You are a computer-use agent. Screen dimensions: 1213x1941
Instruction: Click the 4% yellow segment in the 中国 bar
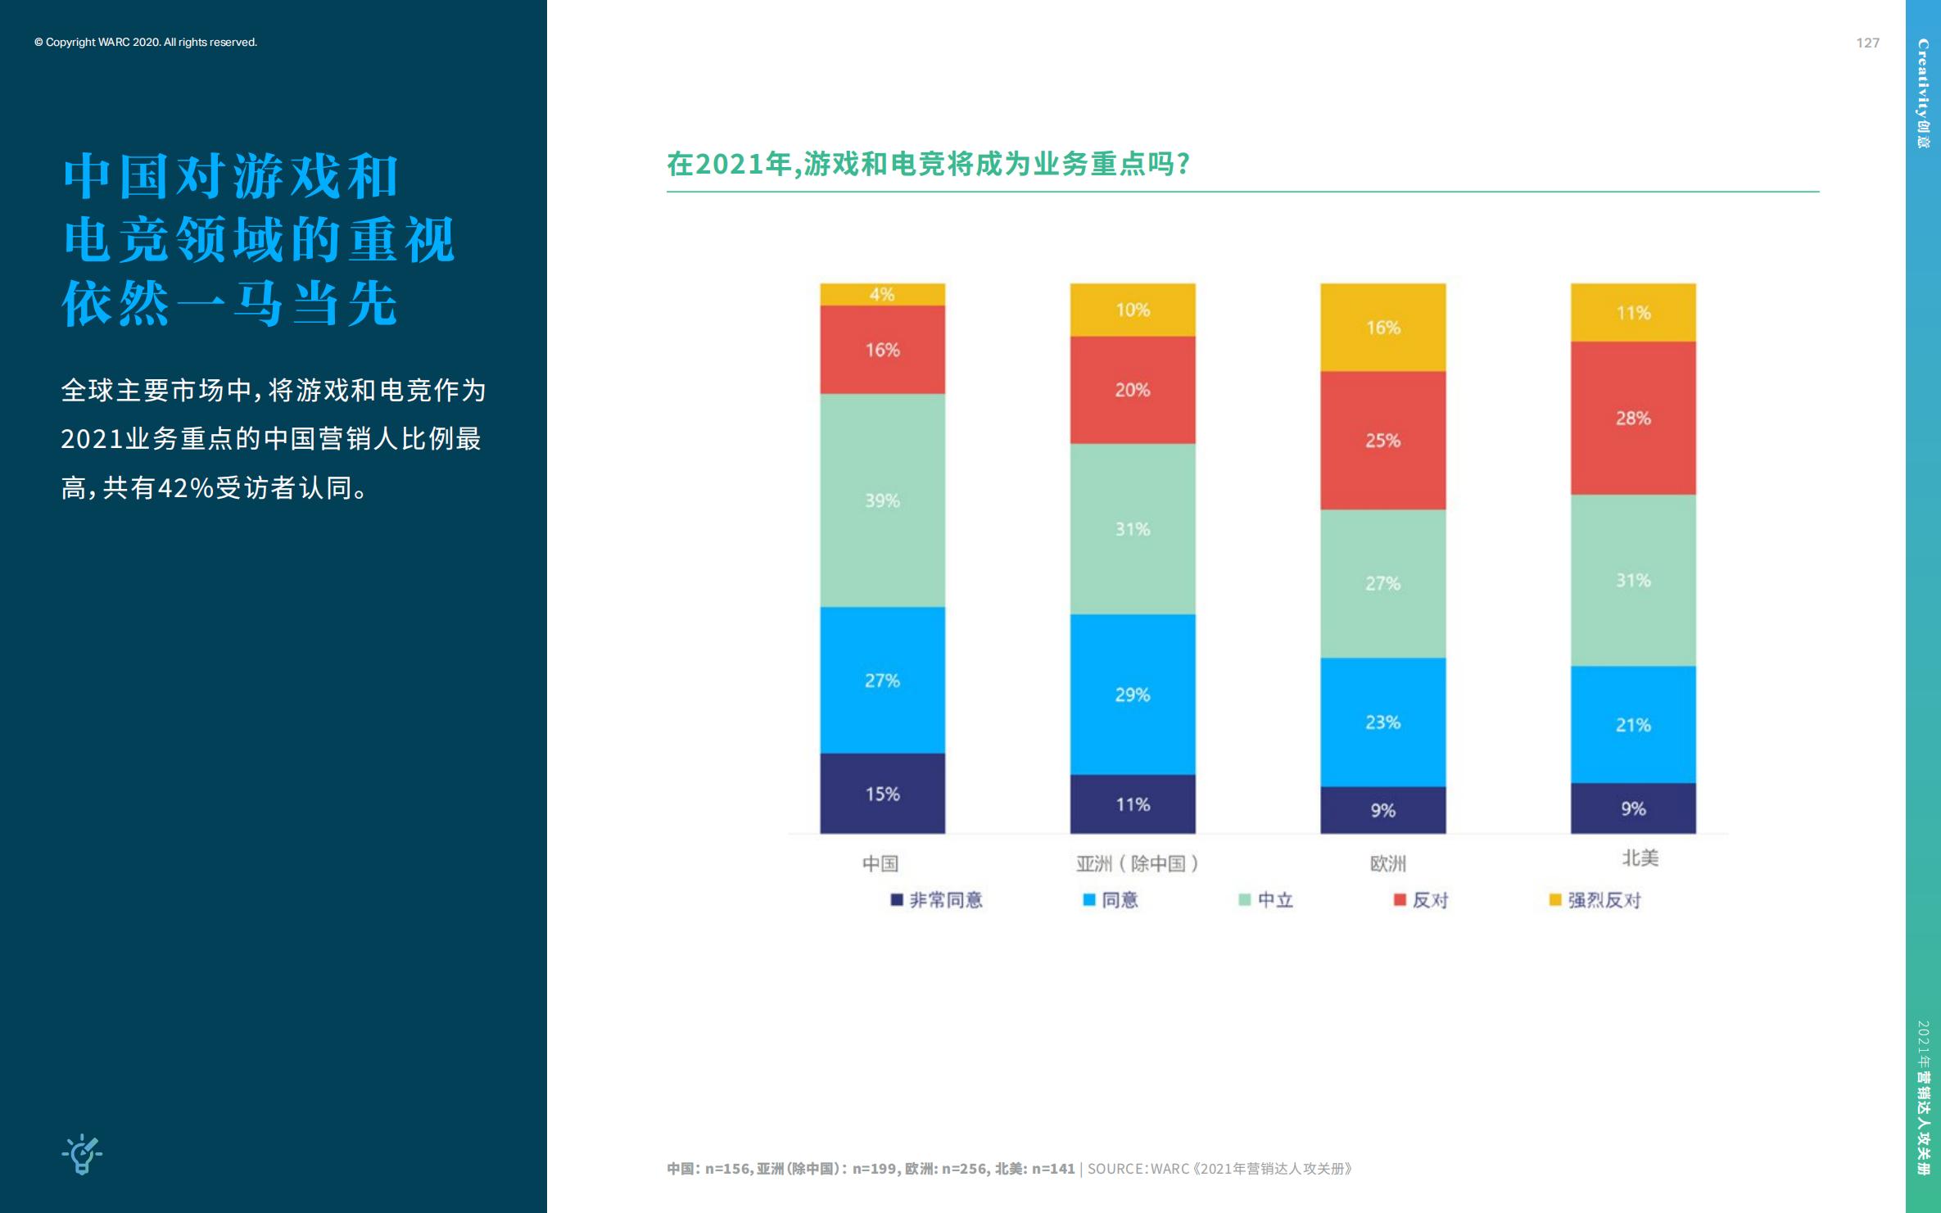(x=882, y=294)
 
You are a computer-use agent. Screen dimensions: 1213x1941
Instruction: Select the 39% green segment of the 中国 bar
(x=882, y=500)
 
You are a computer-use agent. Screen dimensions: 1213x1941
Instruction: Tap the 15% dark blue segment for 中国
(x=882, y=793)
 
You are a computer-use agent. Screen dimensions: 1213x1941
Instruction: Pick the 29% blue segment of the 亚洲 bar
(x=1132, y=695)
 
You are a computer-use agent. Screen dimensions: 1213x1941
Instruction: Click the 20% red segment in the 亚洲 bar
(x=1132, y=390)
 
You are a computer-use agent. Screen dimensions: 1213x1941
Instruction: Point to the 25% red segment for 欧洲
(x=1382, y=441)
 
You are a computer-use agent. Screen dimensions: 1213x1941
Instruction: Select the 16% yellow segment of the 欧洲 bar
(x=1382, y=328)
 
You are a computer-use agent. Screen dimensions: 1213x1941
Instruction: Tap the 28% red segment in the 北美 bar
(x=1633, y=418)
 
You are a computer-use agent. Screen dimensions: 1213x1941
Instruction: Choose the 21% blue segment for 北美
(x=1633, y=725)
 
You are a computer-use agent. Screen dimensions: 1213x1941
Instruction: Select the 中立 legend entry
(x=1266, y=900)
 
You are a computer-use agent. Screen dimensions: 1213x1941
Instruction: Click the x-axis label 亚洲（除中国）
(x=1137, y=863)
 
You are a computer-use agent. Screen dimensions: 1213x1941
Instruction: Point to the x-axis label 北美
(x=1640, y=858)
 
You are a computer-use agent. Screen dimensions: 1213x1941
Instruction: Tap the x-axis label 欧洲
(x=1387, y=863)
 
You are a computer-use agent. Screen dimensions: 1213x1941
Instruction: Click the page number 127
(x=1867, y=43)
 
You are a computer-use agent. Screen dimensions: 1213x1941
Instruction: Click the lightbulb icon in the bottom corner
(x=82, y=1154)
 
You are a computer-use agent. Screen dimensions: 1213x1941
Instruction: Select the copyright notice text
(x=146, y=42)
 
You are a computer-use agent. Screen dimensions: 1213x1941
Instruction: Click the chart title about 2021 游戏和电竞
(x=928, y=164)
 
